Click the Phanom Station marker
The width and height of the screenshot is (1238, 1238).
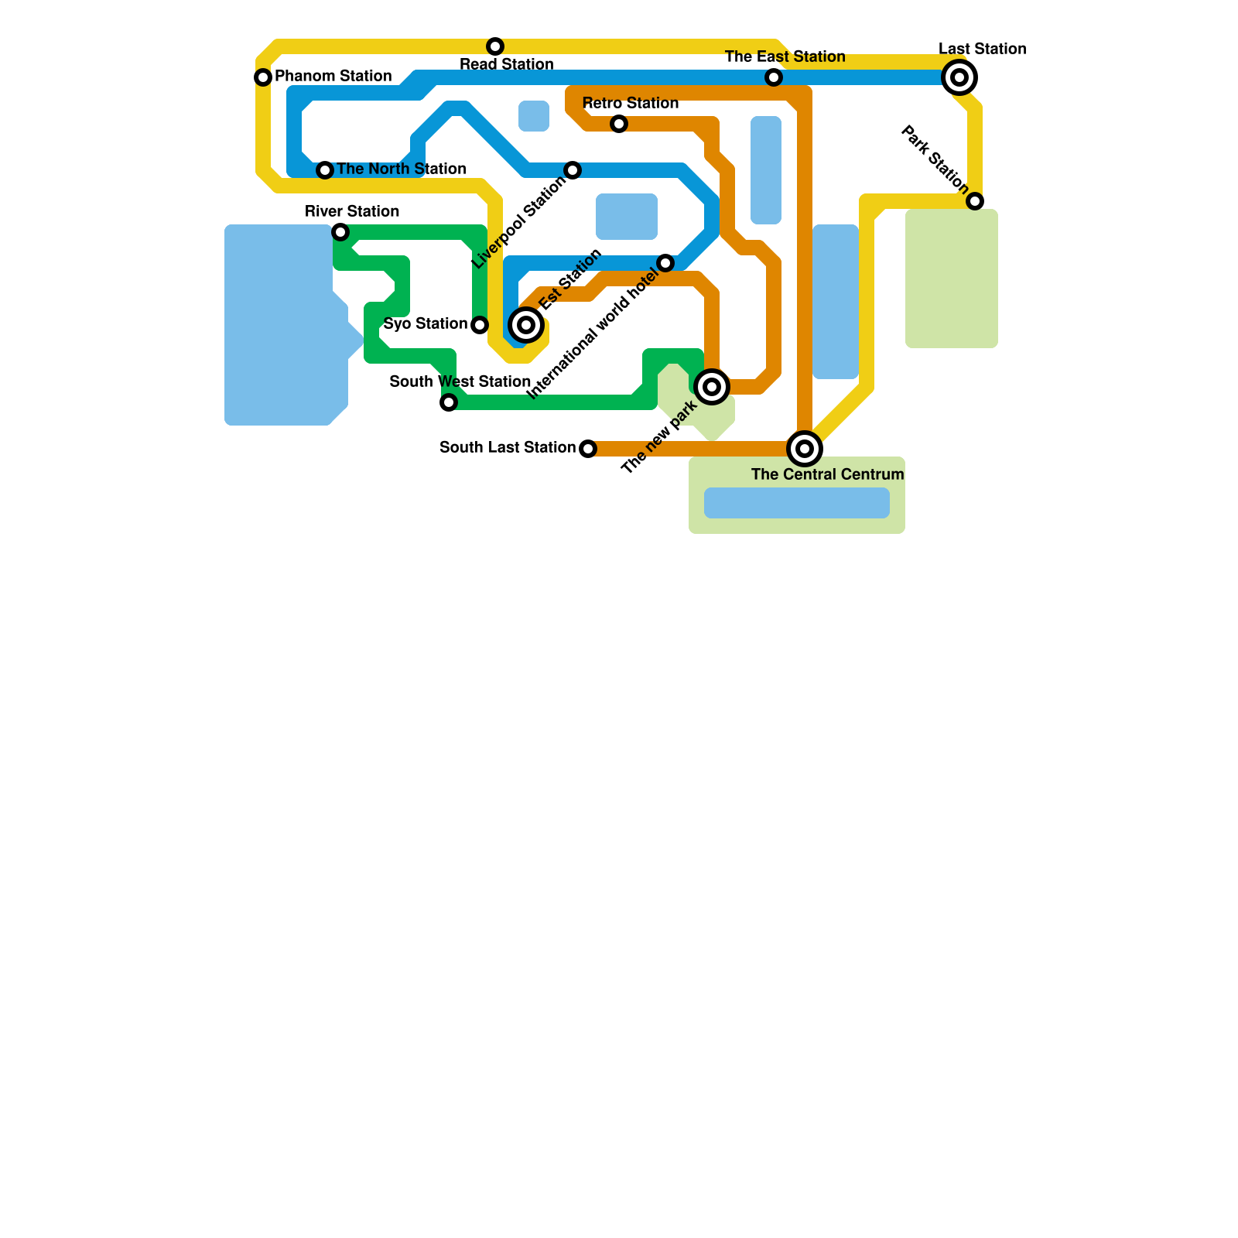[x=263, y=77]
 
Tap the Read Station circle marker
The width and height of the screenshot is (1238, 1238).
[x=495, y=46]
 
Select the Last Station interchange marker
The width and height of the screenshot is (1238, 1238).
[x=959, y=77]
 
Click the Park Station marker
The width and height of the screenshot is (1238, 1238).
[x=976, y=201]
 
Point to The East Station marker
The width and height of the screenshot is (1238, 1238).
[x=774, y=77]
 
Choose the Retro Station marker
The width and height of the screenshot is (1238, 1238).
[x=619, y=124]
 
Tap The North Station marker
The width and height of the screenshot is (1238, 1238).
[x=325, y=170]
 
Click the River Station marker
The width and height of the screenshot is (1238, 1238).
[x=340, y=232]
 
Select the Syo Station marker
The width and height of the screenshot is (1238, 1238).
[x=480, y=325]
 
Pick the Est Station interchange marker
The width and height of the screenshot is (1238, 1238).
[x=526, y=325]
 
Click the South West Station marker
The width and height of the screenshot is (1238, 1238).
[x=449, y=402]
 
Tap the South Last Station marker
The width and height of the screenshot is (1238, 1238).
[x=588, y=449]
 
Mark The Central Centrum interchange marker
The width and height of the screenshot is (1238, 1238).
[x=805, y=449]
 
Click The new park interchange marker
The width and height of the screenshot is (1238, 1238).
[x=712, y=387]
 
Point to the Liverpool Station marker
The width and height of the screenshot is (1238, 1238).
[x=573, y=170]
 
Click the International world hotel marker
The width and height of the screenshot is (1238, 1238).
[x=666, y=263]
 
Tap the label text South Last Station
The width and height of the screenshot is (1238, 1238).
[x=507, y=448]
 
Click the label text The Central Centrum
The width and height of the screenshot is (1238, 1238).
[x=827, y=475]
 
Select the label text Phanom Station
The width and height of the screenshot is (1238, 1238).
[x=333, y=77]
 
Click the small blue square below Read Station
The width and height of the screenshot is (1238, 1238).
[x=534, y=116]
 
